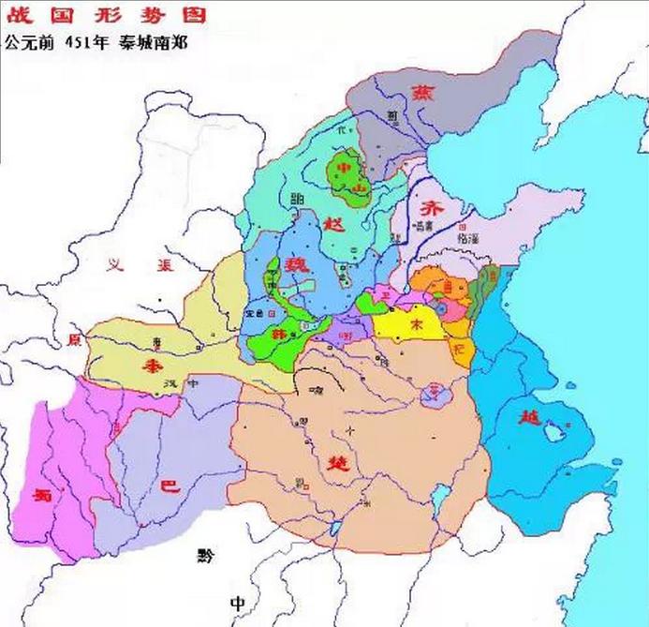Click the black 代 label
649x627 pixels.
(x=341, y=127)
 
